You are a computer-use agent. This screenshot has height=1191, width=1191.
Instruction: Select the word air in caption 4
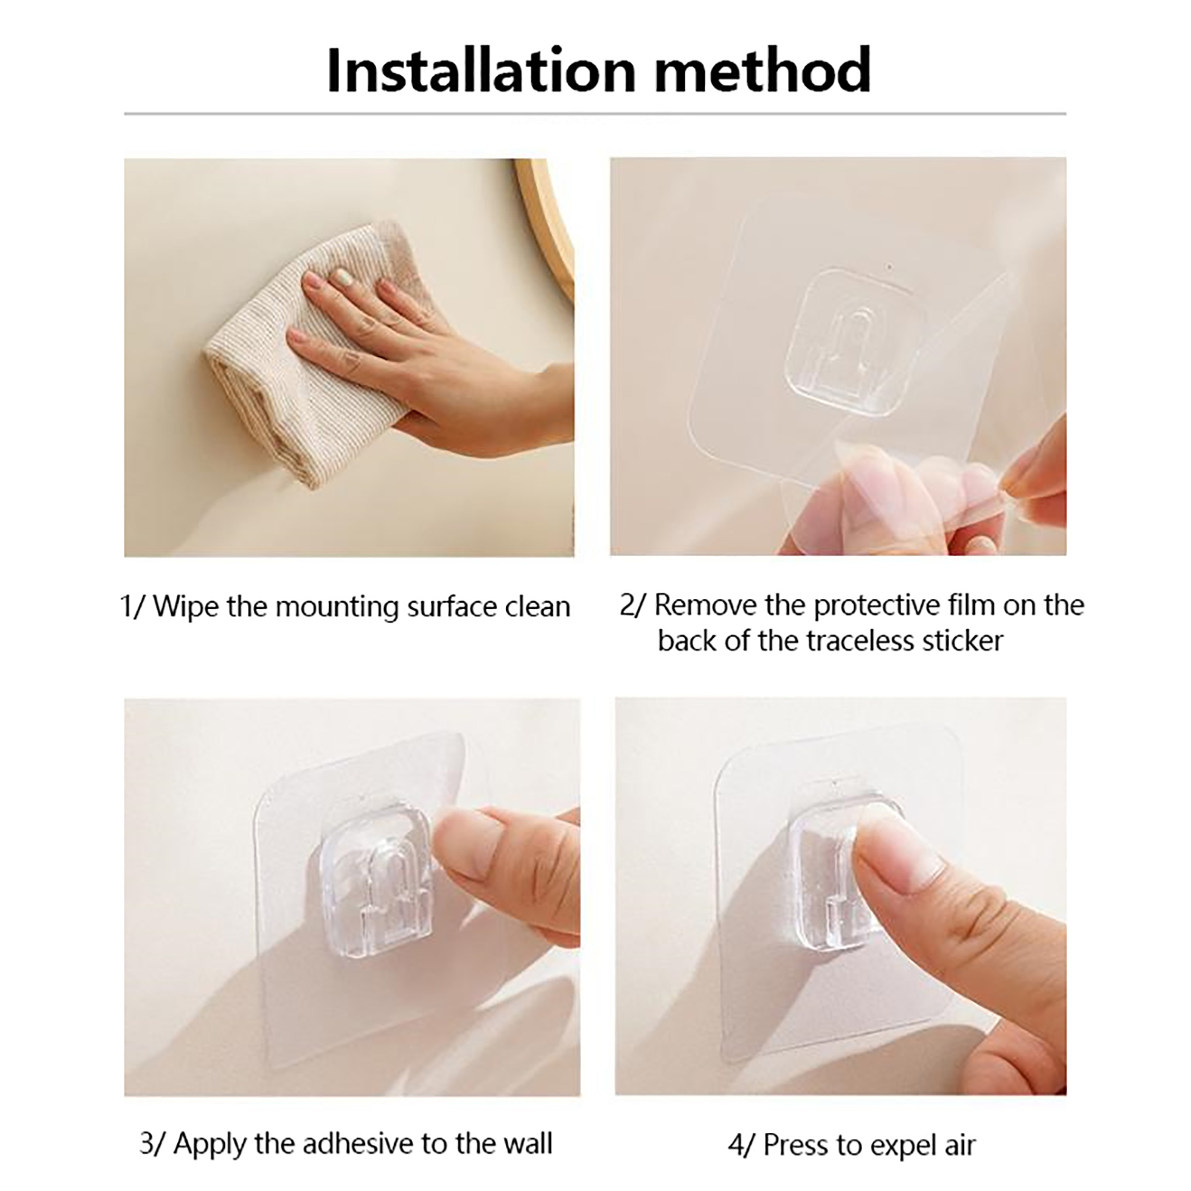click(957, 1145)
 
